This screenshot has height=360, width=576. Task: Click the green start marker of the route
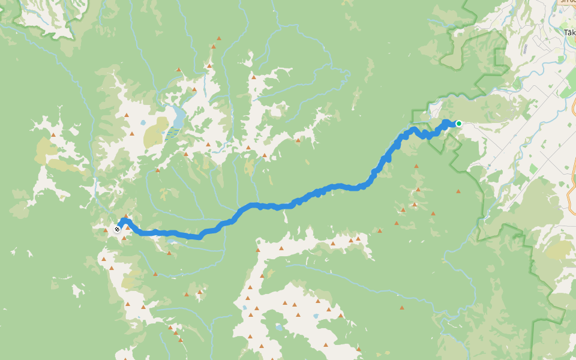[458, 124]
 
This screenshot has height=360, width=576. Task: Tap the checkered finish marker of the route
[117, 229]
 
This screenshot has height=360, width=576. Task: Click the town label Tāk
[569, 32]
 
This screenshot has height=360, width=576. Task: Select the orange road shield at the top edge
[566, 2]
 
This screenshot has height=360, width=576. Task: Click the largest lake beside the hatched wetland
[179, 113]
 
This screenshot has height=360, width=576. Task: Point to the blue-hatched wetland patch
[172, 133]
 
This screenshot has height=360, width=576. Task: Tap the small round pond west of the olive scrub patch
[143, 123]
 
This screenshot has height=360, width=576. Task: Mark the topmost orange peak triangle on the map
[219, 38]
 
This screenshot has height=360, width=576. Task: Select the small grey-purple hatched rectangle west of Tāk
[525, 48]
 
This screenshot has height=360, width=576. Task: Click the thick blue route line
[336, 187]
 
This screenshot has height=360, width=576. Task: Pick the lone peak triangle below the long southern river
[401, 308]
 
